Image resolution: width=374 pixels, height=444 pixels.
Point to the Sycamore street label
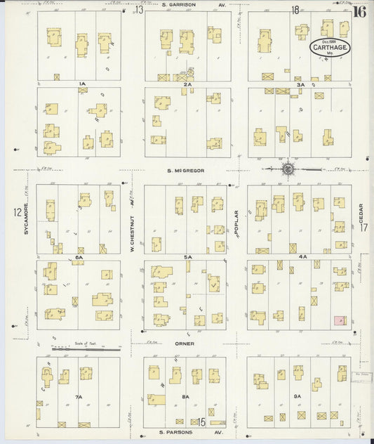(x=26, y=218)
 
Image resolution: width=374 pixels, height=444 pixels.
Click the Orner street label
(x=185, y=344)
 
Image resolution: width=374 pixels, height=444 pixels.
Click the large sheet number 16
(x=359, y=11)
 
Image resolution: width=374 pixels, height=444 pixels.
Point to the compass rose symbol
(x=288, y=169)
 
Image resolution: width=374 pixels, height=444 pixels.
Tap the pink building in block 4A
(x=340, y=320)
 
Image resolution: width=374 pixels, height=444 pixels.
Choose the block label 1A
(x=82, y=84)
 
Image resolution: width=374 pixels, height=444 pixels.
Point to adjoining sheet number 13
(x=139, y=10)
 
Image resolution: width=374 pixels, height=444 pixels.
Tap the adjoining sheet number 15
(x=201, y=422)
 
